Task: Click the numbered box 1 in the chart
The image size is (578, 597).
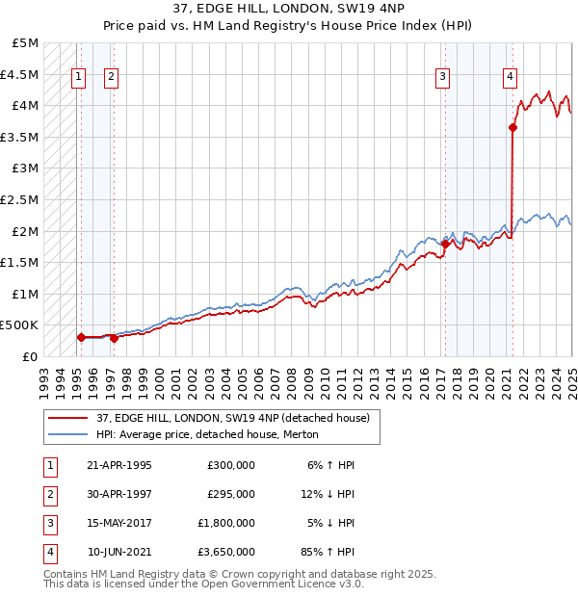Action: click(x=77, y=78)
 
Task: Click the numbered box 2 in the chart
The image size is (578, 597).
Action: click(x=112, y=78)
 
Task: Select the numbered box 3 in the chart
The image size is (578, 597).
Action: click(x=442, y=78)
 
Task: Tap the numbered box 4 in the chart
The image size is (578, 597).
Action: click(x=510, y=78)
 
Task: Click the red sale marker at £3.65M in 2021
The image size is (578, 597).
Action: click(x=513, y=126)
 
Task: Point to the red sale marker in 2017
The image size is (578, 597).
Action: click(x=445, y=244)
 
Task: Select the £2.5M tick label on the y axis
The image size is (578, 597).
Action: click(x=21, y=199)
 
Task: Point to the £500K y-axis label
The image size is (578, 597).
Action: click(x=20, y=325)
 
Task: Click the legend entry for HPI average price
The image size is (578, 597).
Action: click(x=207, y=435)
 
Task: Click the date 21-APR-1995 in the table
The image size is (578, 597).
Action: click(x=119, y=465)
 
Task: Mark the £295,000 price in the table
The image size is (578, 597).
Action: click(x=231, y=494)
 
